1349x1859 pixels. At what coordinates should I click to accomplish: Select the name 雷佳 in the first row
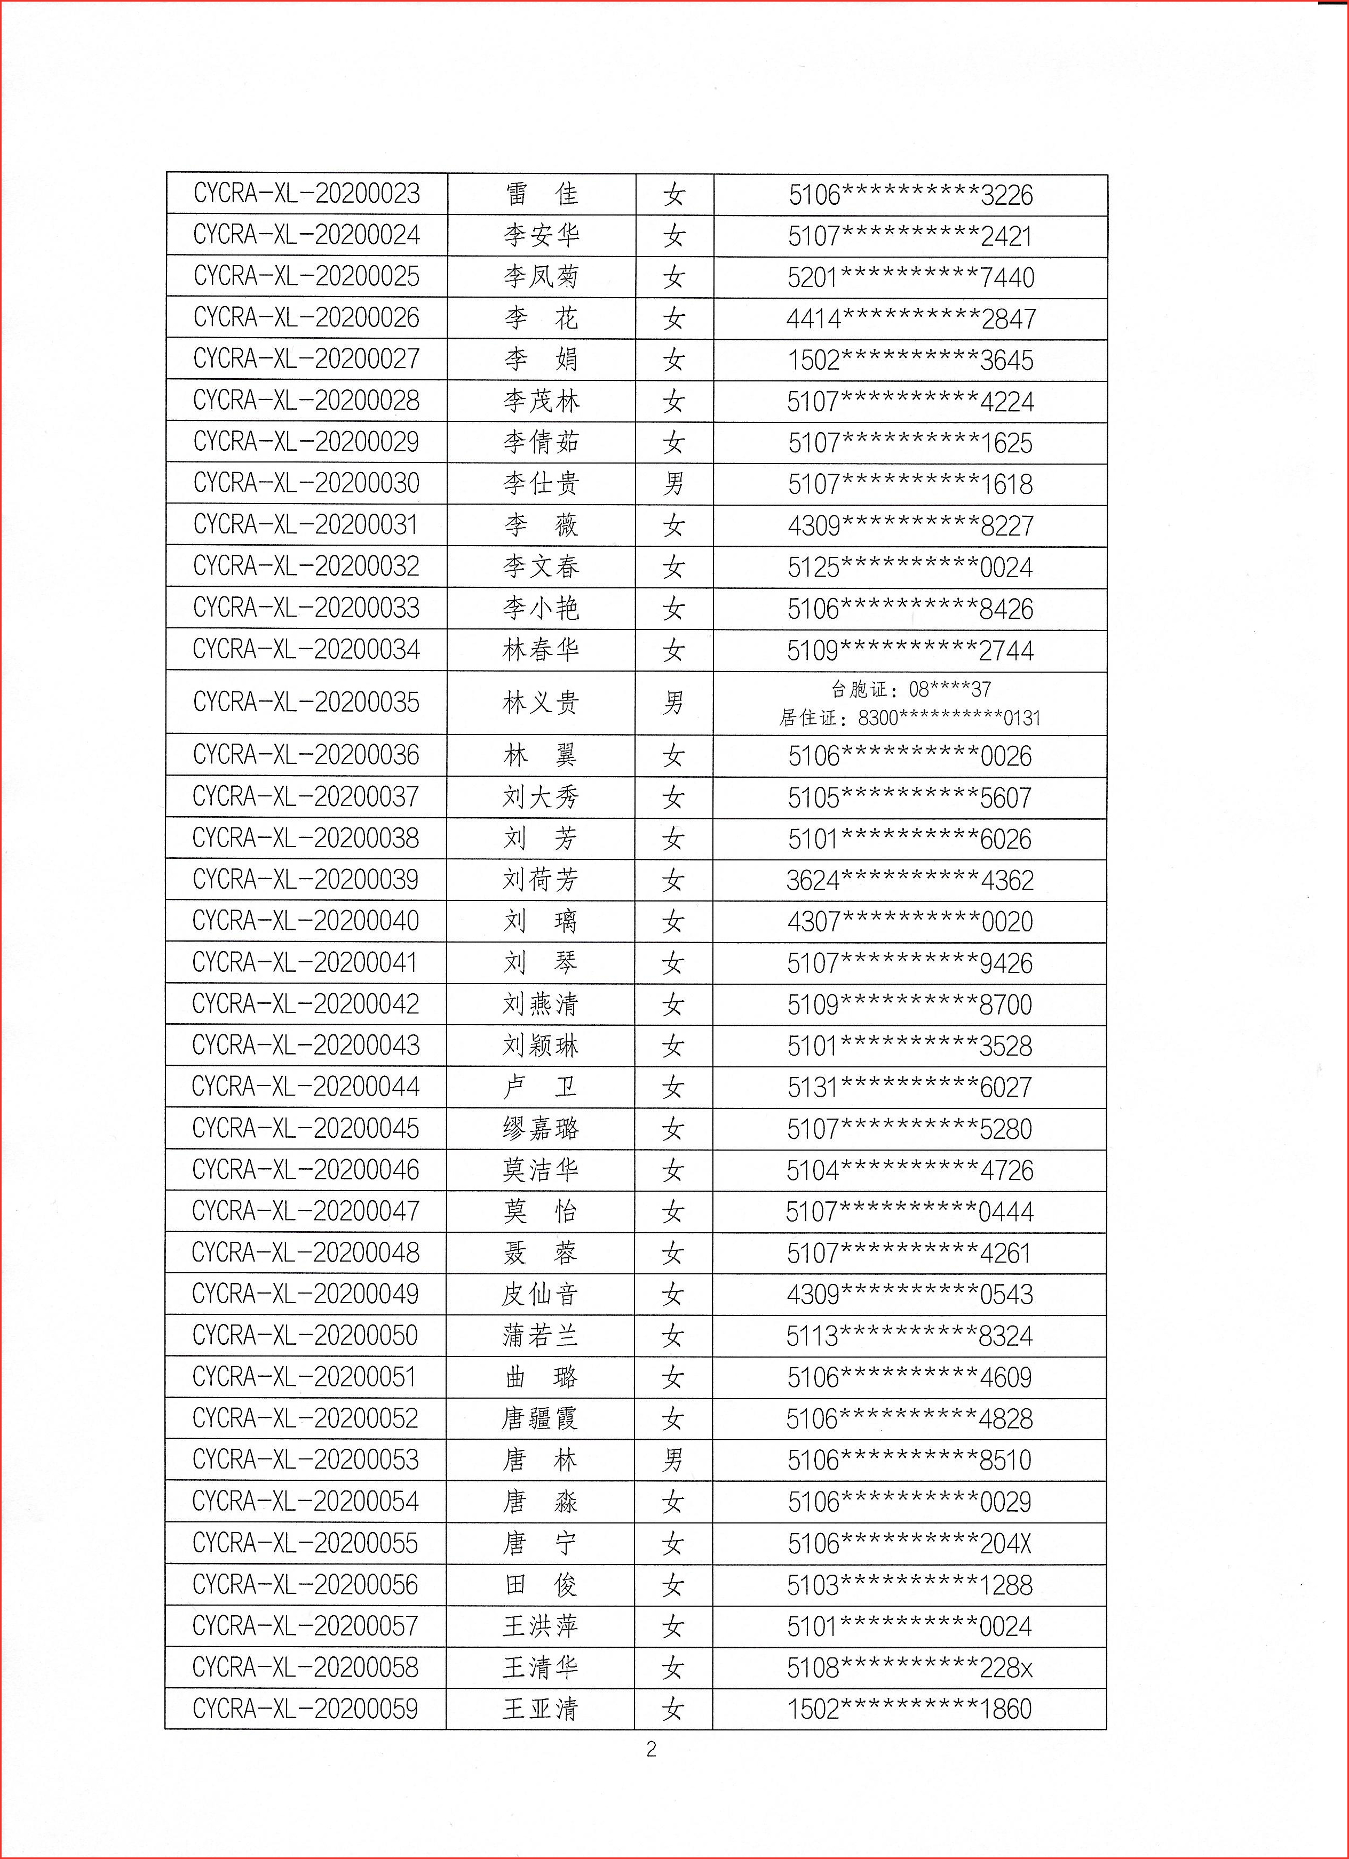[x=541, y=194]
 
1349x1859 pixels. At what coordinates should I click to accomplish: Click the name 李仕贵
[x=541, y=484]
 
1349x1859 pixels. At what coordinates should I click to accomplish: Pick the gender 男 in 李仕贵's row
[x=673, y=484]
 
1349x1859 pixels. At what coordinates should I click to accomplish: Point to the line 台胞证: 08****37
[x=910, y=689]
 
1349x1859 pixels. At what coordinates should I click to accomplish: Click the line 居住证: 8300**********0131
[x=909, y=718]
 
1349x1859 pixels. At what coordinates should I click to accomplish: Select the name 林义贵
[x=541, y=703]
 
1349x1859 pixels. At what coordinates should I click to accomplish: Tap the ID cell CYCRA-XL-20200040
[x=305, y=921]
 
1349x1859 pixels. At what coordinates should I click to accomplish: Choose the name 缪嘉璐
[x=541, y=1129]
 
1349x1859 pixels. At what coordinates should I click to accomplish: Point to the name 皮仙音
[x=541, y=1294]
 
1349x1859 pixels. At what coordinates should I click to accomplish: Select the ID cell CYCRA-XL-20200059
[x=305, y=1709]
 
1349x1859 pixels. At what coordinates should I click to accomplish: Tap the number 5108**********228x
[x=909, y=1667]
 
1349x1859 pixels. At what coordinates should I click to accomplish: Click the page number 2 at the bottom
[x=651, y=1750]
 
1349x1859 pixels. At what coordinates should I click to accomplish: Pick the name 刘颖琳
[x=541, y=1046]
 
